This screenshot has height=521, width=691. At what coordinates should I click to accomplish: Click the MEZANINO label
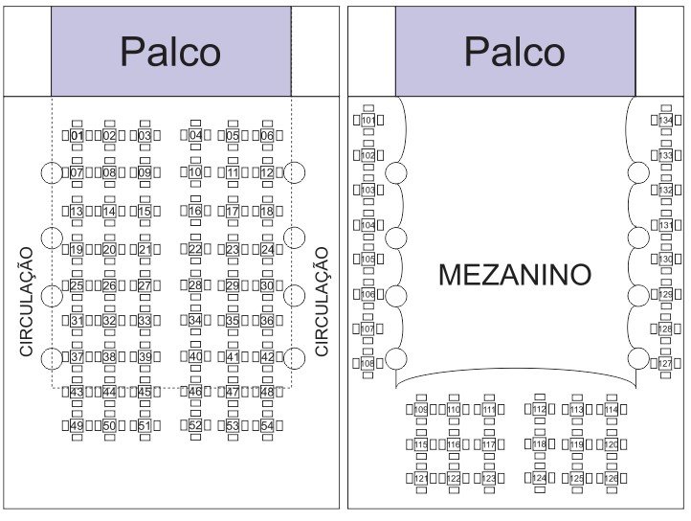tap(515, 276)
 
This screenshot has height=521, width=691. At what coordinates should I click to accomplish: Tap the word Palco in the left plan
tap(170, 52)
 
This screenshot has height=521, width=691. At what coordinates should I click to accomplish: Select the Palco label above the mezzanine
tap(515, 52)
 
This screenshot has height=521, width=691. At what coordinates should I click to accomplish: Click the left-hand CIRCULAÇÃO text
tap(27, 302)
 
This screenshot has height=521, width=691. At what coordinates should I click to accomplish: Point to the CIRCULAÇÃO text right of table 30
tap(323, 302)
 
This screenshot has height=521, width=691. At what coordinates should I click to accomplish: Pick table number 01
tap(78, 136)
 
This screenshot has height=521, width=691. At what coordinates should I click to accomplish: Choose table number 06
tap(267, 136)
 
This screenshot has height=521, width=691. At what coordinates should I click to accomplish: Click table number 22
tap(195, 249)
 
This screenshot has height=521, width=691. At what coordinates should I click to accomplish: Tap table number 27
tap(144, 285)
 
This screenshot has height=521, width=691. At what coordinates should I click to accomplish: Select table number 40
tap(195, 356)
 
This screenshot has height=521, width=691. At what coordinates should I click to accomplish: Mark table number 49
tap(78, 425)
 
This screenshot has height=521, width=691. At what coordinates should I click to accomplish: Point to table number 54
tap(267, 425)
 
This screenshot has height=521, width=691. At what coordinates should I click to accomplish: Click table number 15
tap(144, 211)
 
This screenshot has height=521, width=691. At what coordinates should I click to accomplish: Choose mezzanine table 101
tap(368, 120)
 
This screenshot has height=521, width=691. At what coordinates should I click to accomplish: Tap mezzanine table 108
tap(368, 364)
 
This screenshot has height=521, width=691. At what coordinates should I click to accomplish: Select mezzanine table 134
tap(666, 121)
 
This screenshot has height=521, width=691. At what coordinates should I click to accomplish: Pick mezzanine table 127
tap(666, 364)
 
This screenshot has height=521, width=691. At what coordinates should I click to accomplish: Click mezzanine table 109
tap(421, 410)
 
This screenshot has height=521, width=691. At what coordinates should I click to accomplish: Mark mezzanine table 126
tap(611, 478)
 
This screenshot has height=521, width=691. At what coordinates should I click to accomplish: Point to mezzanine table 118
tap(539, 444)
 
